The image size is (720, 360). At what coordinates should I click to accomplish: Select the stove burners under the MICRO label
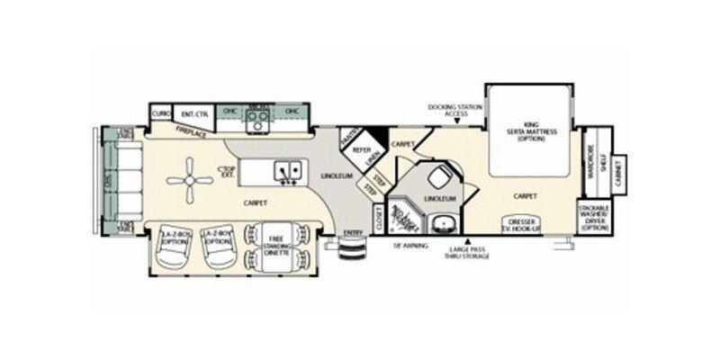coord(258,123)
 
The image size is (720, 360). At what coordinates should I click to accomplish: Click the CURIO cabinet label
coord(161,113)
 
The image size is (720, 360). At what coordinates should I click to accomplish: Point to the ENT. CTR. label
coord(194,113)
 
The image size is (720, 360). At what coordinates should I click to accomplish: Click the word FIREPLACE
coord(192,133)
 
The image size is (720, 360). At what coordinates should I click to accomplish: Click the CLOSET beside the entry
coord(379,218)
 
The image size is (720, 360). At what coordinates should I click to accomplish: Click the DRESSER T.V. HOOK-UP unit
coord(523,225)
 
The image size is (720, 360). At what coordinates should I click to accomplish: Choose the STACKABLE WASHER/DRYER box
coord(594,219)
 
